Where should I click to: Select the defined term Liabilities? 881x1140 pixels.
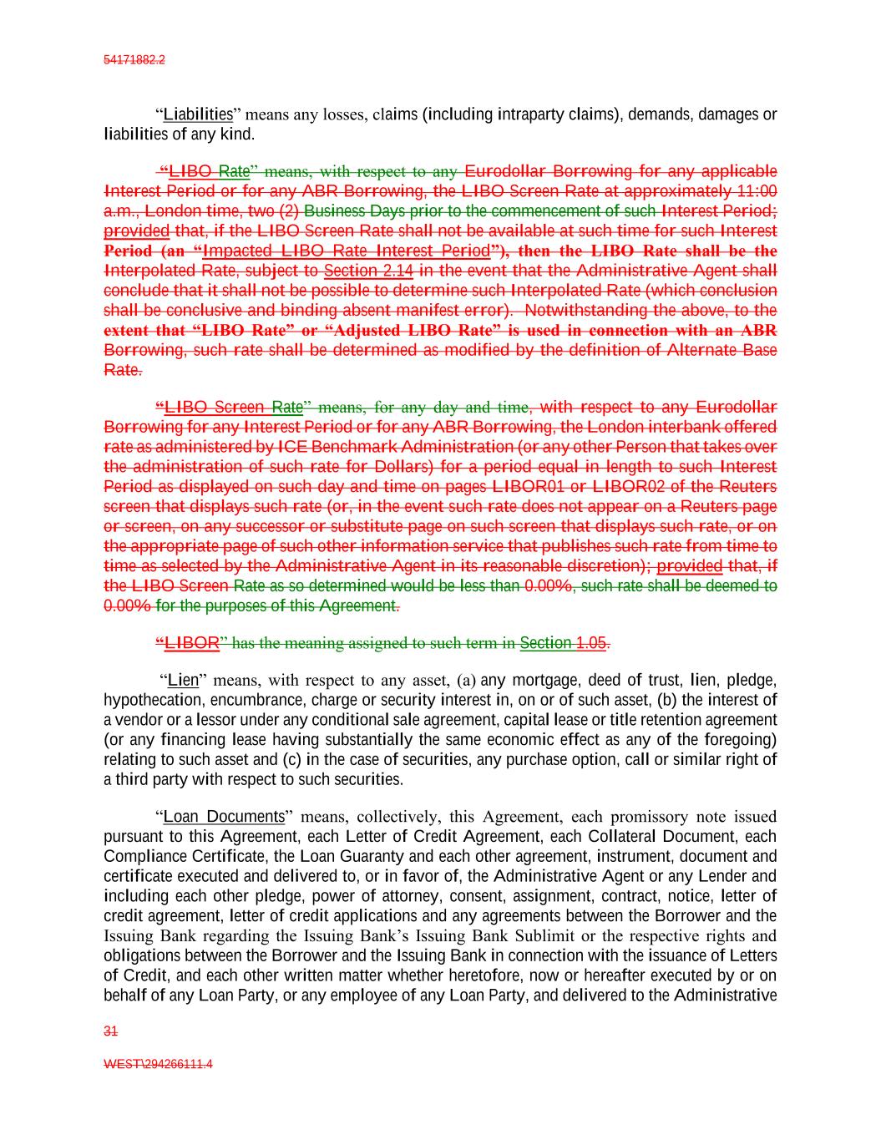pos(198,114)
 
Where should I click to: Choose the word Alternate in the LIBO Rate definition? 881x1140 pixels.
pos(701,350)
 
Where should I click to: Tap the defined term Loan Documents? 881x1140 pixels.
pos(224,817)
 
